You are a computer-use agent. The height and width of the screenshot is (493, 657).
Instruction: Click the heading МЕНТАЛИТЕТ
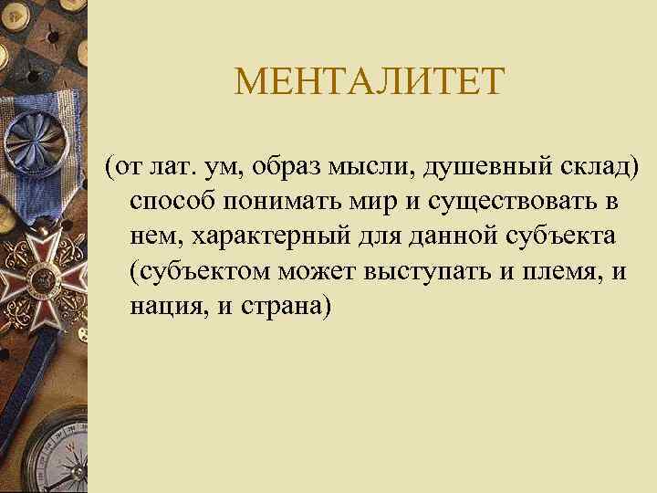tap(369, 84)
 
